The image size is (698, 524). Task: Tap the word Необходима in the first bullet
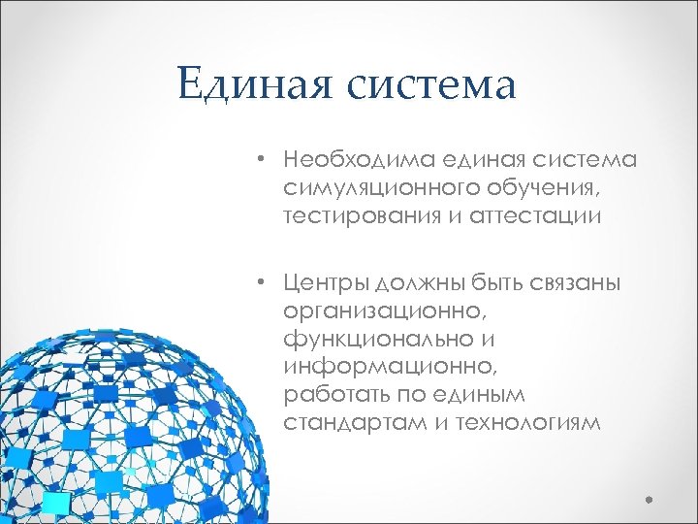pyautogui.click(x=358, y=158)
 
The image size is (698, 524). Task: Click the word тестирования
pyautogui.click(x=361, y=215)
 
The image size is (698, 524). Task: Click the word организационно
pyautogui.click(x=384, y=311)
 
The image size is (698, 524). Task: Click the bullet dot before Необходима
pyautogui.click(x=262, y=158)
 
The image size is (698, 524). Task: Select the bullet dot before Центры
pyautogui.click(x=262, y=283)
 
